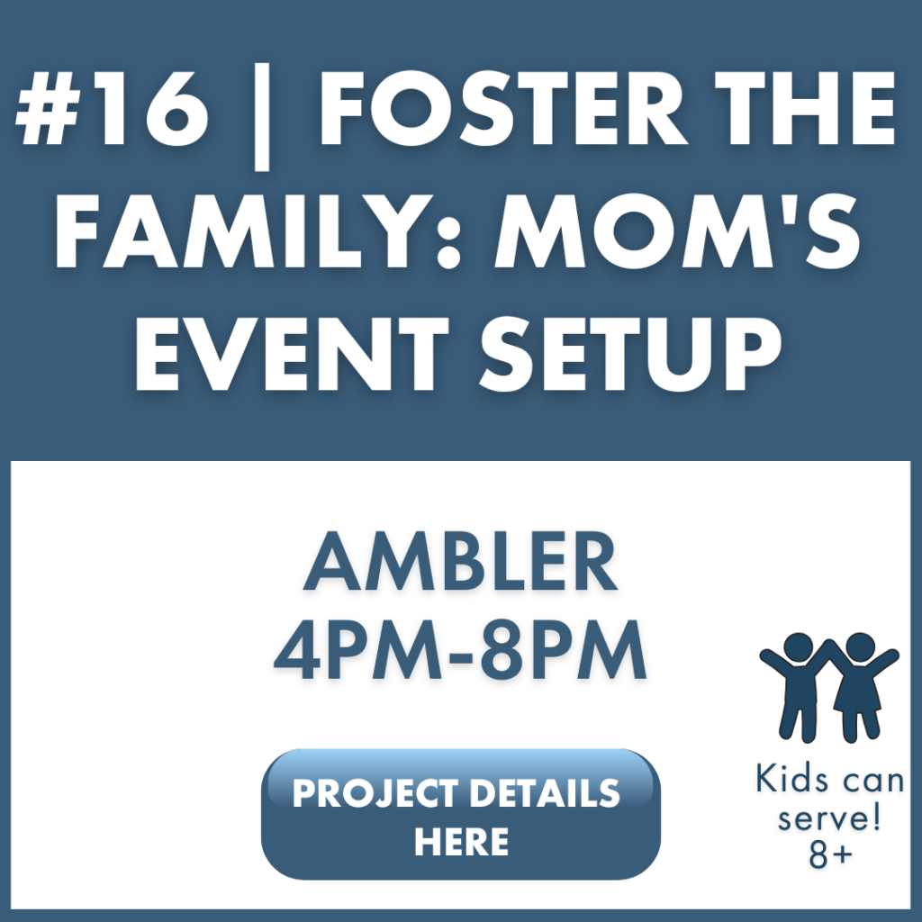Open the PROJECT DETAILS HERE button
[460, 814]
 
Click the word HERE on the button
[461, 843]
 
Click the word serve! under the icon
[828, 818]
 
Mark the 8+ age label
[829, 856]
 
